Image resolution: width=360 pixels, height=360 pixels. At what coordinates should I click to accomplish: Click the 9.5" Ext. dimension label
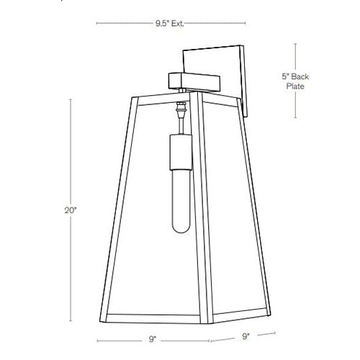pos(169,24)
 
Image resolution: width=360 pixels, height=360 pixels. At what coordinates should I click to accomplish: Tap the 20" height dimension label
pos(68,211)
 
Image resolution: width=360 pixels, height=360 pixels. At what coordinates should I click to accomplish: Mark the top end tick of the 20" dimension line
pos(71,100)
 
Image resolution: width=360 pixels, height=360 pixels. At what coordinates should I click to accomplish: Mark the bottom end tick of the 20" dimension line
pos(71,321)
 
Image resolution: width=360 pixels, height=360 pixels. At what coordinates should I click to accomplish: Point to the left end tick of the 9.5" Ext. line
pos(96,24)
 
